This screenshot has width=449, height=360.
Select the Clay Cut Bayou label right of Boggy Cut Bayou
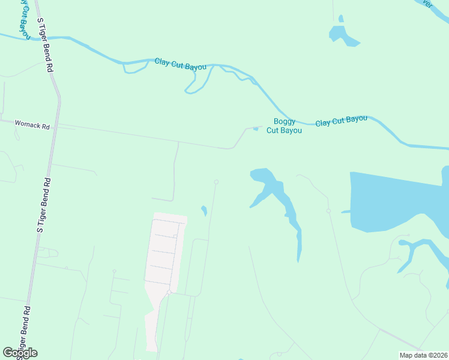coord(341,121)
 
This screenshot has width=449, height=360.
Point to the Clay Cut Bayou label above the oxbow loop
coord(181,64)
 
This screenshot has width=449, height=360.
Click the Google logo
coord(20,353)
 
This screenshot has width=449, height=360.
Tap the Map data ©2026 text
coord(423,355)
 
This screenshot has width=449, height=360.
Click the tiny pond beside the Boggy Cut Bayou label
coord(256,128)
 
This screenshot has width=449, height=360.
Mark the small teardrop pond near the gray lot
coord(203,211)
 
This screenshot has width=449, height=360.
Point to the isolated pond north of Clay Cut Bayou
coord(343,35)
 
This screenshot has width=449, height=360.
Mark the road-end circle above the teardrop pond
coord(216,182)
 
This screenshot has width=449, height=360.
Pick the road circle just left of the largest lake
coord(328,211)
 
